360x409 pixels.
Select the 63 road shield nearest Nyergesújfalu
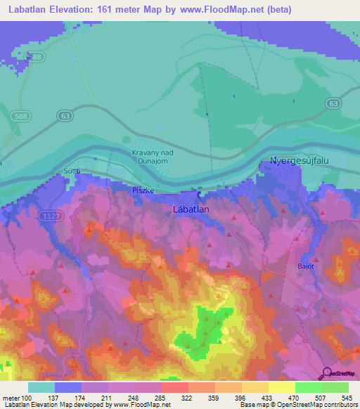[x=333, y=103]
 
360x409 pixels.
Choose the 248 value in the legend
[x=135, y=397]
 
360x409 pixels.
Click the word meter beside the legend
[x=11, y=397]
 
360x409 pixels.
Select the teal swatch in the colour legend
[x=41, y=387]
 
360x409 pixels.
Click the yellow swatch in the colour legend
[x=282, y=387]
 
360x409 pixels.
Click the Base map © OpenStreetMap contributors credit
[x=299, y=405]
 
